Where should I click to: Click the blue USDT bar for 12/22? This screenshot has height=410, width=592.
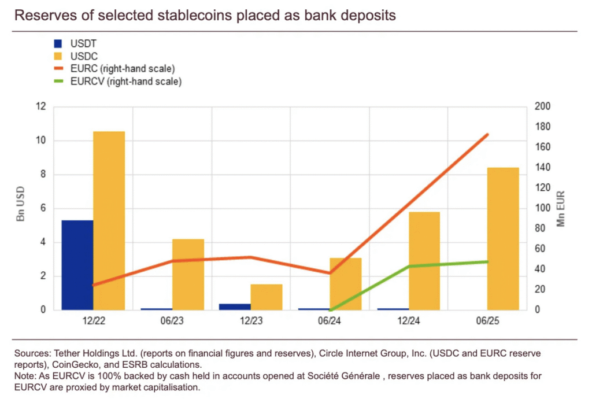(x=77, y=265)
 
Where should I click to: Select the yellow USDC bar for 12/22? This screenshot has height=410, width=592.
(x=109, y=220)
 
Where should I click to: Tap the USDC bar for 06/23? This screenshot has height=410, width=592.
(x=188, y=274)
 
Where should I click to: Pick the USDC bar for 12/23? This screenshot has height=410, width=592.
(x=267, y=297)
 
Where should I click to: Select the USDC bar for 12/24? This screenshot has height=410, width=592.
(x=424, y=260)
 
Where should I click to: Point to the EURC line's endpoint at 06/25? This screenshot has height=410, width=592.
(x=487, y=135)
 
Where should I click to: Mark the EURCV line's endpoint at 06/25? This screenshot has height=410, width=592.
(x=487, y=261)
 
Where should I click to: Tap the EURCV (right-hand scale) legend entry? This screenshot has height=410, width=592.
(x=125, y=82)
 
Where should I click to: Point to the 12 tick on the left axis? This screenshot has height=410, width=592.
(x=40, y=107)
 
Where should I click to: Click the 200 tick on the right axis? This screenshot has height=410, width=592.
(x=542, y=107)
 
